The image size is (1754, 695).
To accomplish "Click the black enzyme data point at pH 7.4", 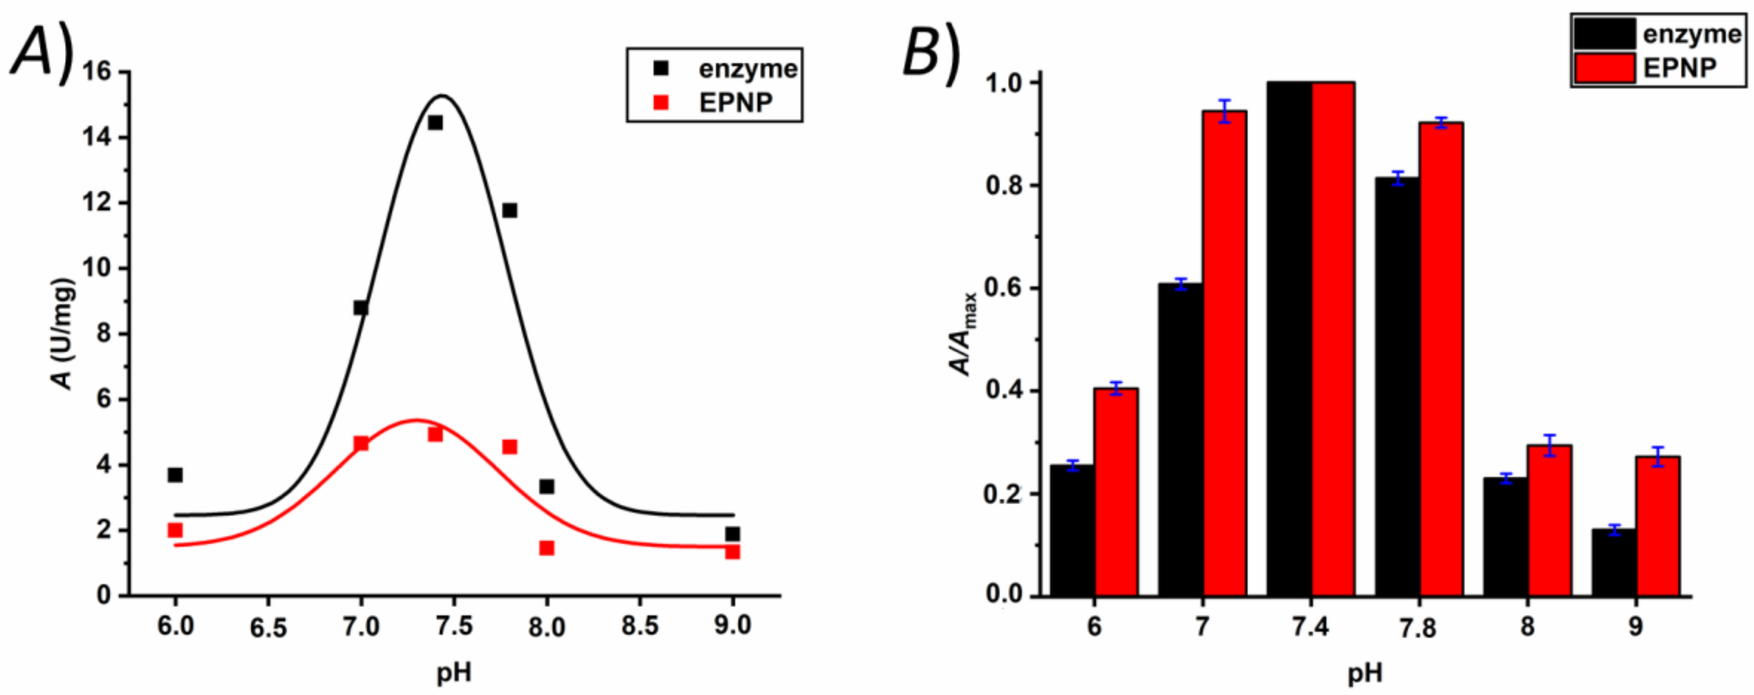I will click(x=435, y=123).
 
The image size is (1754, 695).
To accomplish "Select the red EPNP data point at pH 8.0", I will click(x=546, y=548).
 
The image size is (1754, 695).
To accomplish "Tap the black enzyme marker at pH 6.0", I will click(x=175, y=474).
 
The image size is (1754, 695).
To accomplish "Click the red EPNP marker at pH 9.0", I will click(x=732, y=552).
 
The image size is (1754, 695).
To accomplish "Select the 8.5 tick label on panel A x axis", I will click(x=639, y=626).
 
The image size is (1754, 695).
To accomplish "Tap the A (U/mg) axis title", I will click(x=63, y=334).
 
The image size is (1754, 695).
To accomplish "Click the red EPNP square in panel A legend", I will click(x=660, y=103).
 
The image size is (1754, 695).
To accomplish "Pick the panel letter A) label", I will click(x=42, y=55).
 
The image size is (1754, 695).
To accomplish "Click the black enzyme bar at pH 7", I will click(x=1180, y=439).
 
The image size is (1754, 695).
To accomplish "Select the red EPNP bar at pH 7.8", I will click(x=1441, y=360).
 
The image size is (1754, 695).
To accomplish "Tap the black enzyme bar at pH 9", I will click(x=1613, y=562).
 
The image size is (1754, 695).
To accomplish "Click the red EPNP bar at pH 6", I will click(x=1115, y=492).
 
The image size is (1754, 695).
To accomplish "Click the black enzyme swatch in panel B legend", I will click(x=1604, y=33).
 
